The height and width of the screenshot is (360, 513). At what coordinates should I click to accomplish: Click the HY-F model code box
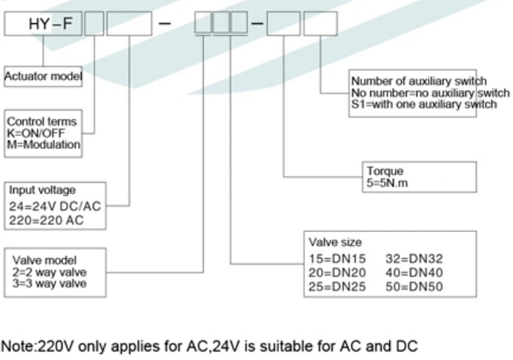[x=43, y=25]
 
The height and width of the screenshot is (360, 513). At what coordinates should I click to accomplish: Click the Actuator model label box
[x=43, y=76]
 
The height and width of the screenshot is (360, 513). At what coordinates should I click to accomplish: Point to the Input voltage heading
[x=41, y=191]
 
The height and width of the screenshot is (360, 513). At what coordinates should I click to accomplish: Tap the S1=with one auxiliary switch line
[x=424, y=105]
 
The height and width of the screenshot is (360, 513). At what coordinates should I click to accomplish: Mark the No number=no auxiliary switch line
[x=430, y=93]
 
